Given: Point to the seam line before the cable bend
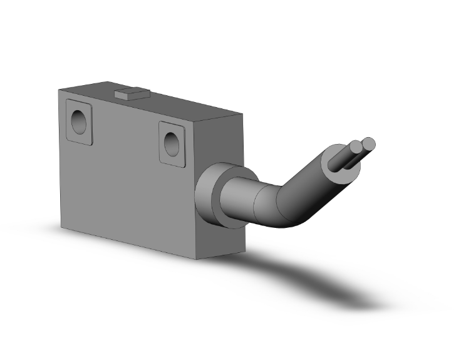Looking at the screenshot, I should tap(256, 202).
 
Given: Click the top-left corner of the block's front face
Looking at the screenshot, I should tap(59, 90).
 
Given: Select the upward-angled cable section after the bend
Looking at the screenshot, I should tap(316, 182).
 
